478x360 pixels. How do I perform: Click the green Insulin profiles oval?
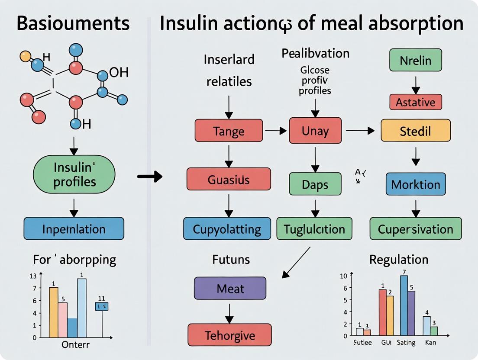74,175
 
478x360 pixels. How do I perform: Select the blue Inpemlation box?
74,228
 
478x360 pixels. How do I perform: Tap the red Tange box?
229,131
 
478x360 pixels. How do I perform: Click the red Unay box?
315,131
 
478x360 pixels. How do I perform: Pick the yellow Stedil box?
416,131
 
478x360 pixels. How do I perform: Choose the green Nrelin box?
416,60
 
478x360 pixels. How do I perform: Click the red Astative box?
416,102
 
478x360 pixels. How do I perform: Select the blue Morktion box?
416,184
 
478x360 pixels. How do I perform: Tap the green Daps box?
315,185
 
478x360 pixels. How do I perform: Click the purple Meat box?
230,288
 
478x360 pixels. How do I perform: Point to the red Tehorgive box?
229,335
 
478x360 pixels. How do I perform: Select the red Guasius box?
229,180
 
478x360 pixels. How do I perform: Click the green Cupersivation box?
416,229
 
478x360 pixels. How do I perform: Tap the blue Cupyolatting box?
227,229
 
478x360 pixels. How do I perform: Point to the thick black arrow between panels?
149,176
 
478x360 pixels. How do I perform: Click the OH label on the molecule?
119,72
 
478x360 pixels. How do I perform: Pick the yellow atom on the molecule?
26,56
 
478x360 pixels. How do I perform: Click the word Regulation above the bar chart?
399,260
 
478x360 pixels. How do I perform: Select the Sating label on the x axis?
406,343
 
